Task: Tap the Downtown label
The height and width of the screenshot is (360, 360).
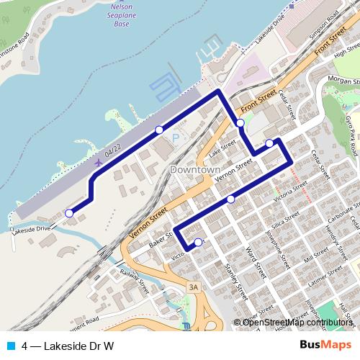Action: [x=195, y=169]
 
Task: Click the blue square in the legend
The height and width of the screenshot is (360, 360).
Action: [x=12, y=345]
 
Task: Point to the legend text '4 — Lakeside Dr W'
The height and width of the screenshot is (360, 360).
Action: [x=68, y=345]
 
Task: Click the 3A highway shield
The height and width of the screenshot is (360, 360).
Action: [x=192, y=287]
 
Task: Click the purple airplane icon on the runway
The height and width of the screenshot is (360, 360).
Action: [x=98, y=162]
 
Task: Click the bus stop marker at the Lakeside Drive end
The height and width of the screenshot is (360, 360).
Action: [x=69, y=212]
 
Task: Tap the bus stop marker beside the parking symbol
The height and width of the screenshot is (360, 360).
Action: [x=159, y=130]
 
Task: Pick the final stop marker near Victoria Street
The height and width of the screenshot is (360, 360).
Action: [x=199, y=242]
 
